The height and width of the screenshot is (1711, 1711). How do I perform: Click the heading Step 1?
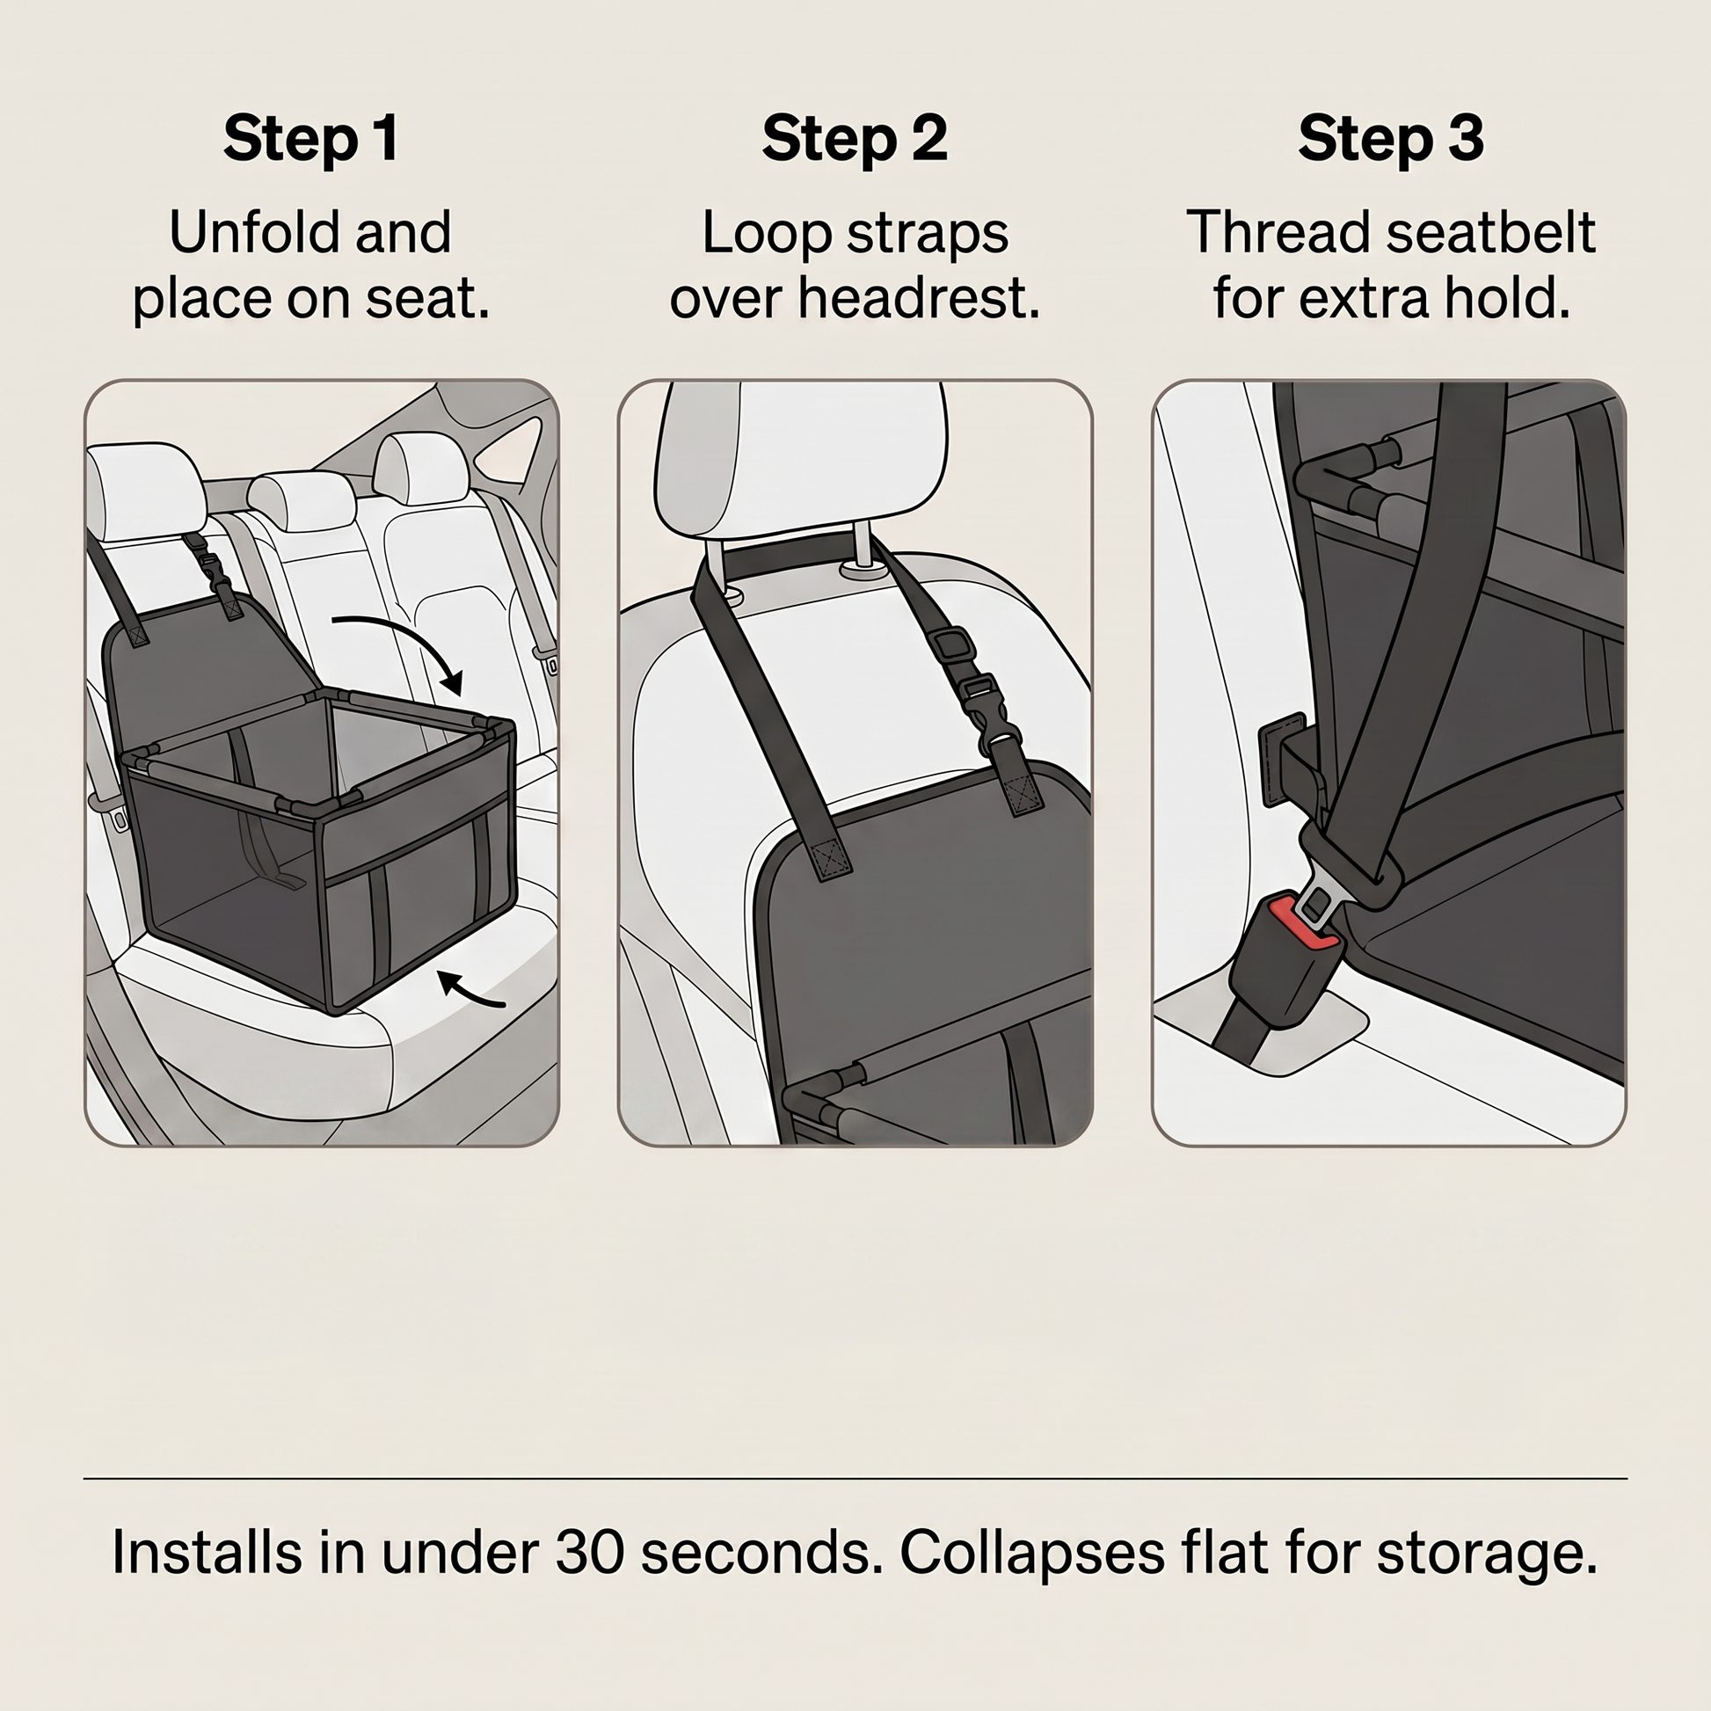[x=310, y=138]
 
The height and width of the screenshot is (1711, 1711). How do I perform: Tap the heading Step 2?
[x=855, y=138]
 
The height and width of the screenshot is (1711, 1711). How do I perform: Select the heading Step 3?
[x=1390, y=138]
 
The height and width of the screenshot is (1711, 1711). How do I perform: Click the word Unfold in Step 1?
[x=246, y=232]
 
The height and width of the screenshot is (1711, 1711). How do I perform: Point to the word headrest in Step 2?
[x=919, y=298]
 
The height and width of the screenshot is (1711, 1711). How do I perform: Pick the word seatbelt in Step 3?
[x=1490, y=232]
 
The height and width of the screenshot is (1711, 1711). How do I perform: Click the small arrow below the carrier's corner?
[x=471, y=990]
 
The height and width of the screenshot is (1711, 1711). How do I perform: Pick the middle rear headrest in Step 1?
[x=301, y=502]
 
